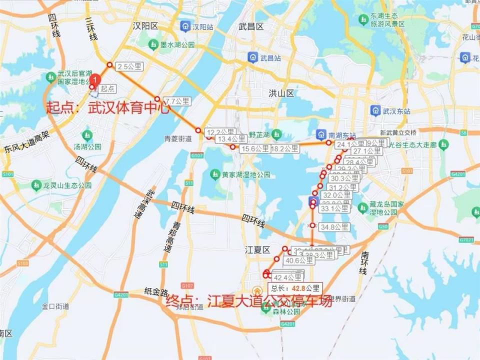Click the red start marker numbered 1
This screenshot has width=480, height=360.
[x=96, y=79]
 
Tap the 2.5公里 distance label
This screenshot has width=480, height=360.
[x=128, y=66]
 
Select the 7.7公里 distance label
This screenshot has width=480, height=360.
[x=177, y=101]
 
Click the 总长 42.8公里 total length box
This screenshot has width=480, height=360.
[x=294, y=288]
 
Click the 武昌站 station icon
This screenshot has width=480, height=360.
[x=253, y=57]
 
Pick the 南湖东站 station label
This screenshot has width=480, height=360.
[x=342, y=135]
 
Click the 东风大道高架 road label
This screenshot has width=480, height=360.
[x=26, y=142]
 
